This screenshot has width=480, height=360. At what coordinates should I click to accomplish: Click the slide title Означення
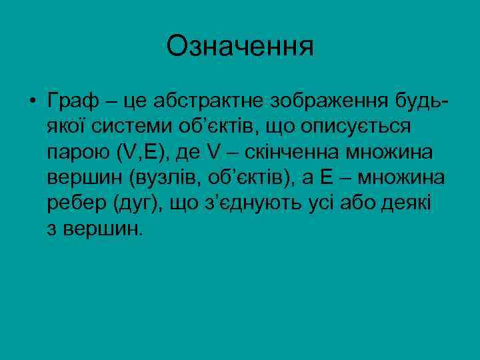click(x=240, y=46)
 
